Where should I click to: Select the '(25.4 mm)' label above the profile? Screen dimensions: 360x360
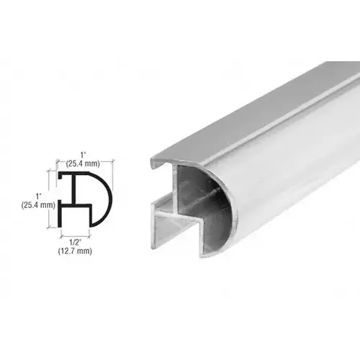pyautogui.click(x=85, y=163)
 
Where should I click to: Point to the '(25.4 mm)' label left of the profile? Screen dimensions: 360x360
pyautogui.click(x=39, y=205)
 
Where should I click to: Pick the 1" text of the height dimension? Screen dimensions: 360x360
pyautogui.click(x=39, y=195)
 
